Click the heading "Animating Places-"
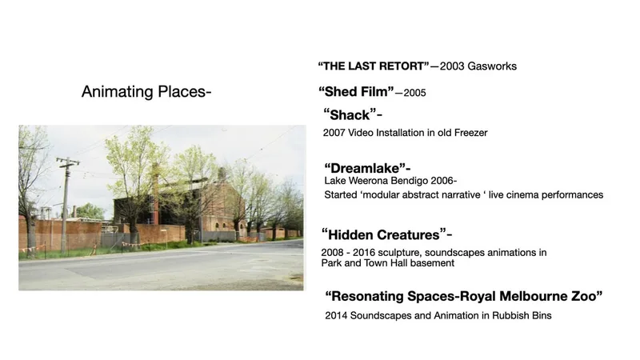point(146,92)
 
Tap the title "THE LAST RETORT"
point(374,66)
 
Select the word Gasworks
point(492,66)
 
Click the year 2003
point(452,66)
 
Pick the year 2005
point(414,93)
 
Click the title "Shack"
point(350,114)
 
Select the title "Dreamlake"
point(365,168)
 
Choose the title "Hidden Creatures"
point(384,234)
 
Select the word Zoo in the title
point(586,296)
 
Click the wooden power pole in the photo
point(66,204)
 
